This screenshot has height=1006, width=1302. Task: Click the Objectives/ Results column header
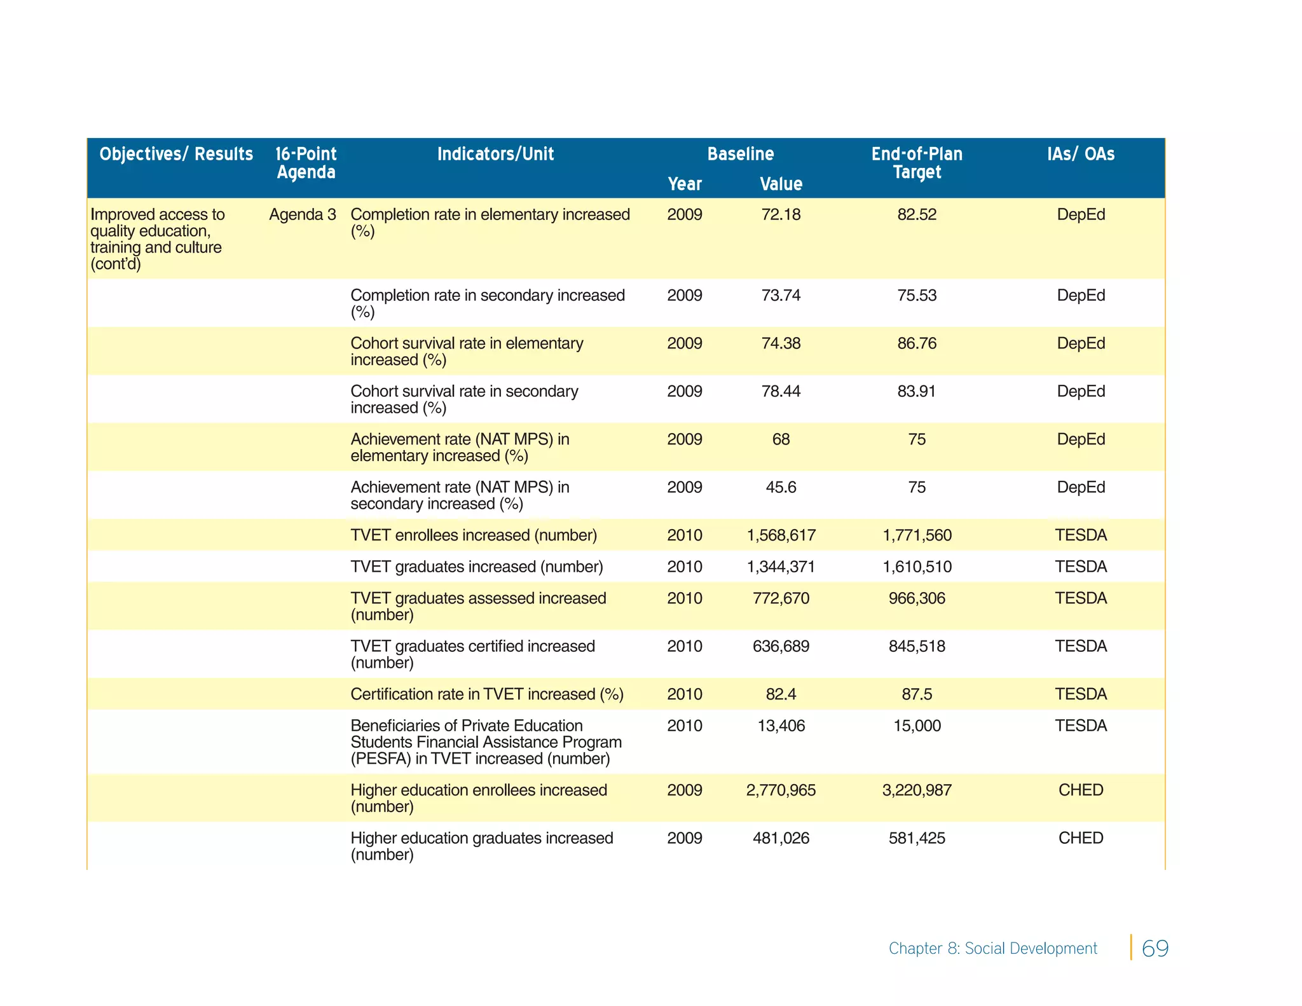(x=176, y=154)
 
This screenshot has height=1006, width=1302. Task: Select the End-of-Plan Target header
(x=916, y=163)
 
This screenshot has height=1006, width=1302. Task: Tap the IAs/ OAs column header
(x=1080, y=154)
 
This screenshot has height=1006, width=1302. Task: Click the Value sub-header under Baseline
(x=781, y=184)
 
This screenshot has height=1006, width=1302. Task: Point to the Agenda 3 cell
(x=302, y=215)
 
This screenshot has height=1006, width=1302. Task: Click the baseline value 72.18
(x=781, y=215)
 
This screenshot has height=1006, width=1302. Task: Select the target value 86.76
(x=916, y=343)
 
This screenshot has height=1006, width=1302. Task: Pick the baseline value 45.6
(x=781, y=488)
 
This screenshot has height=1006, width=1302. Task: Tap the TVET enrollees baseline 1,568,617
(x=781, y=535)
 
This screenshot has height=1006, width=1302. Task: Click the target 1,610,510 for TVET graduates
(x=916, y=567)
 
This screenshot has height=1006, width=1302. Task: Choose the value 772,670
(x=781, y=598)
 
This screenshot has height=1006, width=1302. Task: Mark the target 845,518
(x=916, y=647)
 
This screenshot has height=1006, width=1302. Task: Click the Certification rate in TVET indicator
(x=486, y=694)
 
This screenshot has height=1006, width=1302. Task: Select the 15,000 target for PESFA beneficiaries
(x=916, y=726)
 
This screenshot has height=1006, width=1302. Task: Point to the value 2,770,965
(x=781, y=790)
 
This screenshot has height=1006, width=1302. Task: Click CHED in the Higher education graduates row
(x=1080, y=838)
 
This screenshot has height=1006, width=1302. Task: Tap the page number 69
(x=1155, y=948)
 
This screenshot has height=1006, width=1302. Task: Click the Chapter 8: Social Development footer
(x=992, y=949)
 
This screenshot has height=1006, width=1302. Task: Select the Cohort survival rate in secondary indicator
(x=464, y=399)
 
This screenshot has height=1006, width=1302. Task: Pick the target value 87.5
(x=916, y=694)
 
